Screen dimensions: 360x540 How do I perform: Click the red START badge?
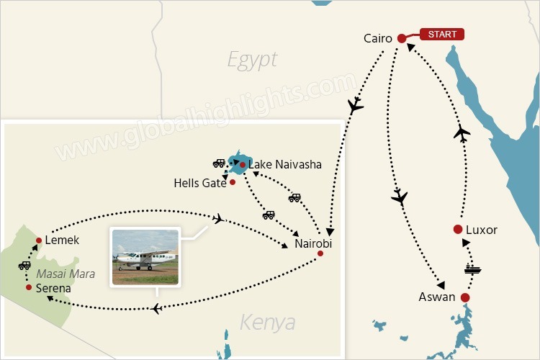pyautogui.click(x=442, y=34)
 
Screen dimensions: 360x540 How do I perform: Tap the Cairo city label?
pyautogui.click(x=378, y=38)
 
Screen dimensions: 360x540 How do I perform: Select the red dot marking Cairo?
pyautogui.click(x=401, y=38)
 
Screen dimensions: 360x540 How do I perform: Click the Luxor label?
pyautogui.click(x=482, y=230)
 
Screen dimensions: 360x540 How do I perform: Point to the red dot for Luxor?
pyautogui.click(x=457, y=230)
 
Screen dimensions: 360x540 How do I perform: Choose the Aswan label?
pyautogui.click(x=436, y=297)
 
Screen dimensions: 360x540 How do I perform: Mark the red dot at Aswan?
pyautogui.click(x=465, y=297)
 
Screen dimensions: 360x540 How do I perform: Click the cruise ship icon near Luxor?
pyautogui.click(x=472, y=270)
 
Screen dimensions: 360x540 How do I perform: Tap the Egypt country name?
pyautogui.click(x=252, y=59)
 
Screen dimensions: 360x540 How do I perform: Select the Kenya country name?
pyautogui.click(x=267, y=322)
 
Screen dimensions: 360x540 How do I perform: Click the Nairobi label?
pyautogui.click(x=314, y=244)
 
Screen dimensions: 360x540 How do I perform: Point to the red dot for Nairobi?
pyautogui.click(x=321, y=253)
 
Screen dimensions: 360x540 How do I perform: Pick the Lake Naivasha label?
pyautogui.click(x=284, y=165)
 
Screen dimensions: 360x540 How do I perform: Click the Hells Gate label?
pyautogui.click(x=200, y=183)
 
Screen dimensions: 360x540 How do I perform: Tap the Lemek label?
pyautogui.click(x=61, y=240)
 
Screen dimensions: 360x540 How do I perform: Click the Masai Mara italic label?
pyautogui.click(x=66, y=274)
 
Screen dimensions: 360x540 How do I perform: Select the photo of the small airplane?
pyautogui.click(x=145, y=256)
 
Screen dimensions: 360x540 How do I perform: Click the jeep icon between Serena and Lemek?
pyautogui.click(x=24, y=265)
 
